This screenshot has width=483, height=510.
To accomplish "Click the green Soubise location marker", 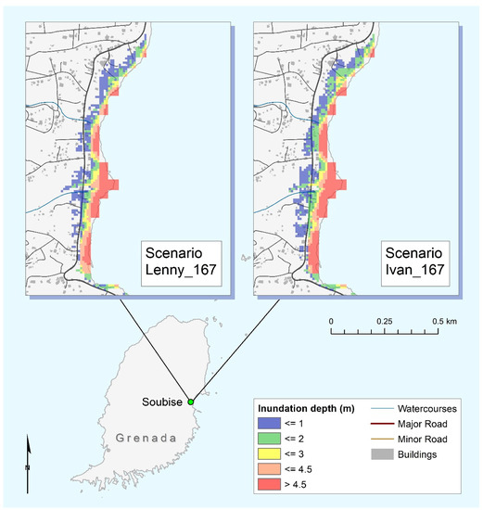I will pos(190,402).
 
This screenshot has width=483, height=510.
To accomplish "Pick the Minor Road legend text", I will pos(424,439).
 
